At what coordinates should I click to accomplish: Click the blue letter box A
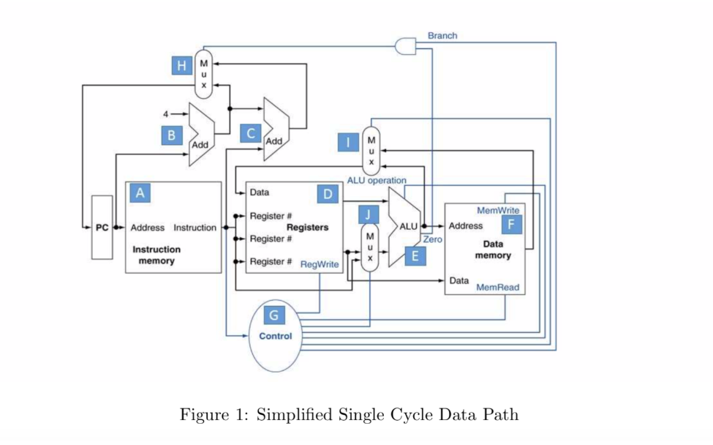139,192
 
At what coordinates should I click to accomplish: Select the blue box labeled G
274,315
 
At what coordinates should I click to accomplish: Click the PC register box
102,228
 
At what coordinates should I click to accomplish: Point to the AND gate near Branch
404,46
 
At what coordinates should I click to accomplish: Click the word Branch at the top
442,35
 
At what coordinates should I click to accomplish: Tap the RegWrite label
320,264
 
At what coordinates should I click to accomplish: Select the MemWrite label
498,210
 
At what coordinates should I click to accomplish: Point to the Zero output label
433,239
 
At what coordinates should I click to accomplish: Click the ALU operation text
377,180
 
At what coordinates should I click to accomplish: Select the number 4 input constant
166,113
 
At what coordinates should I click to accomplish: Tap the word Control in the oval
276,336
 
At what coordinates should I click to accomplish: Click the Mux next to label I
371,149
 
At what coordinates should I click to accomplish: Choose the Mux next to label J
370,247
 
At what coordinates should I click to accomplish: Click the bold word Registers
307,228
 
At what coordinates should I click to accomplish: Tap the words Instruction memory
156,255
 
